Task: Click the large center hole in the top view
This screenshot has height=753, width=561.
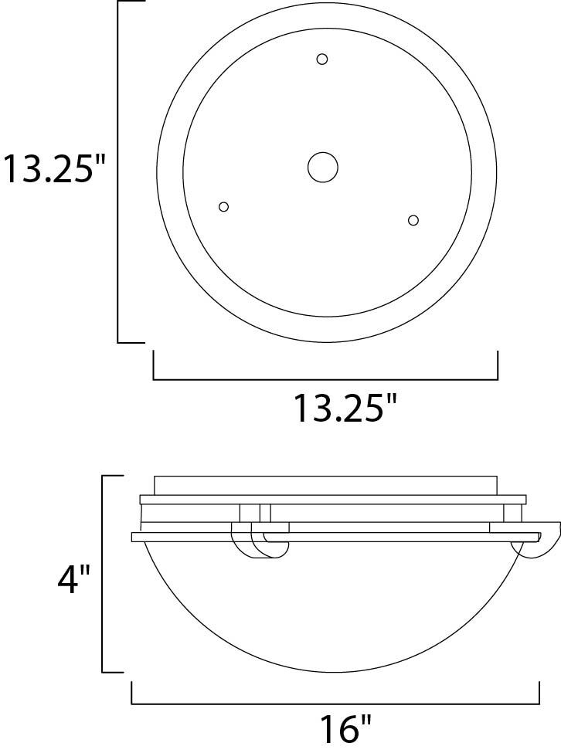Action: pos(322,166)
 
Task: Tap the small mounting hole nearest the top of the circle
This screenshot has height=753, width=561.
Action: pos(322,59)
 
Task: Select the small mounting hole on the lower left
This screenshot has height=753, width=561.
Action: pos(224,206)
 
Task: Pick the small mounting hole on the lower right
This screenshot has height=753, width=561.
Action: pos(413,220)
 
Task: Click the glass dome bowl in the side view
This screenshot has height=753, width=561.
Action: pos(336,602)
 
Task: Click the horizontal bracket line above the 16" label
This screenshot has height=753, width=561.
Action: pos(335,704)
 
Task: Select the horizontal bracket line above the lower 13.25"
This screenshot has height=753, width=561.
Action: pos(325,379)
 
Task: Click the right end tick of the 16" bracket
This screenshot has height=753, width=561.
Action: pos(539,693)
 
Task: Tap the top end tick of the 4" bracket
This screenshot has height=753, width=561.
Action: pos(113,477)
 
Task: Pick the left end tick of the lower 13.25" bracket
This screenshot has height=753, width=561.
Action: pos(154,366)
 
